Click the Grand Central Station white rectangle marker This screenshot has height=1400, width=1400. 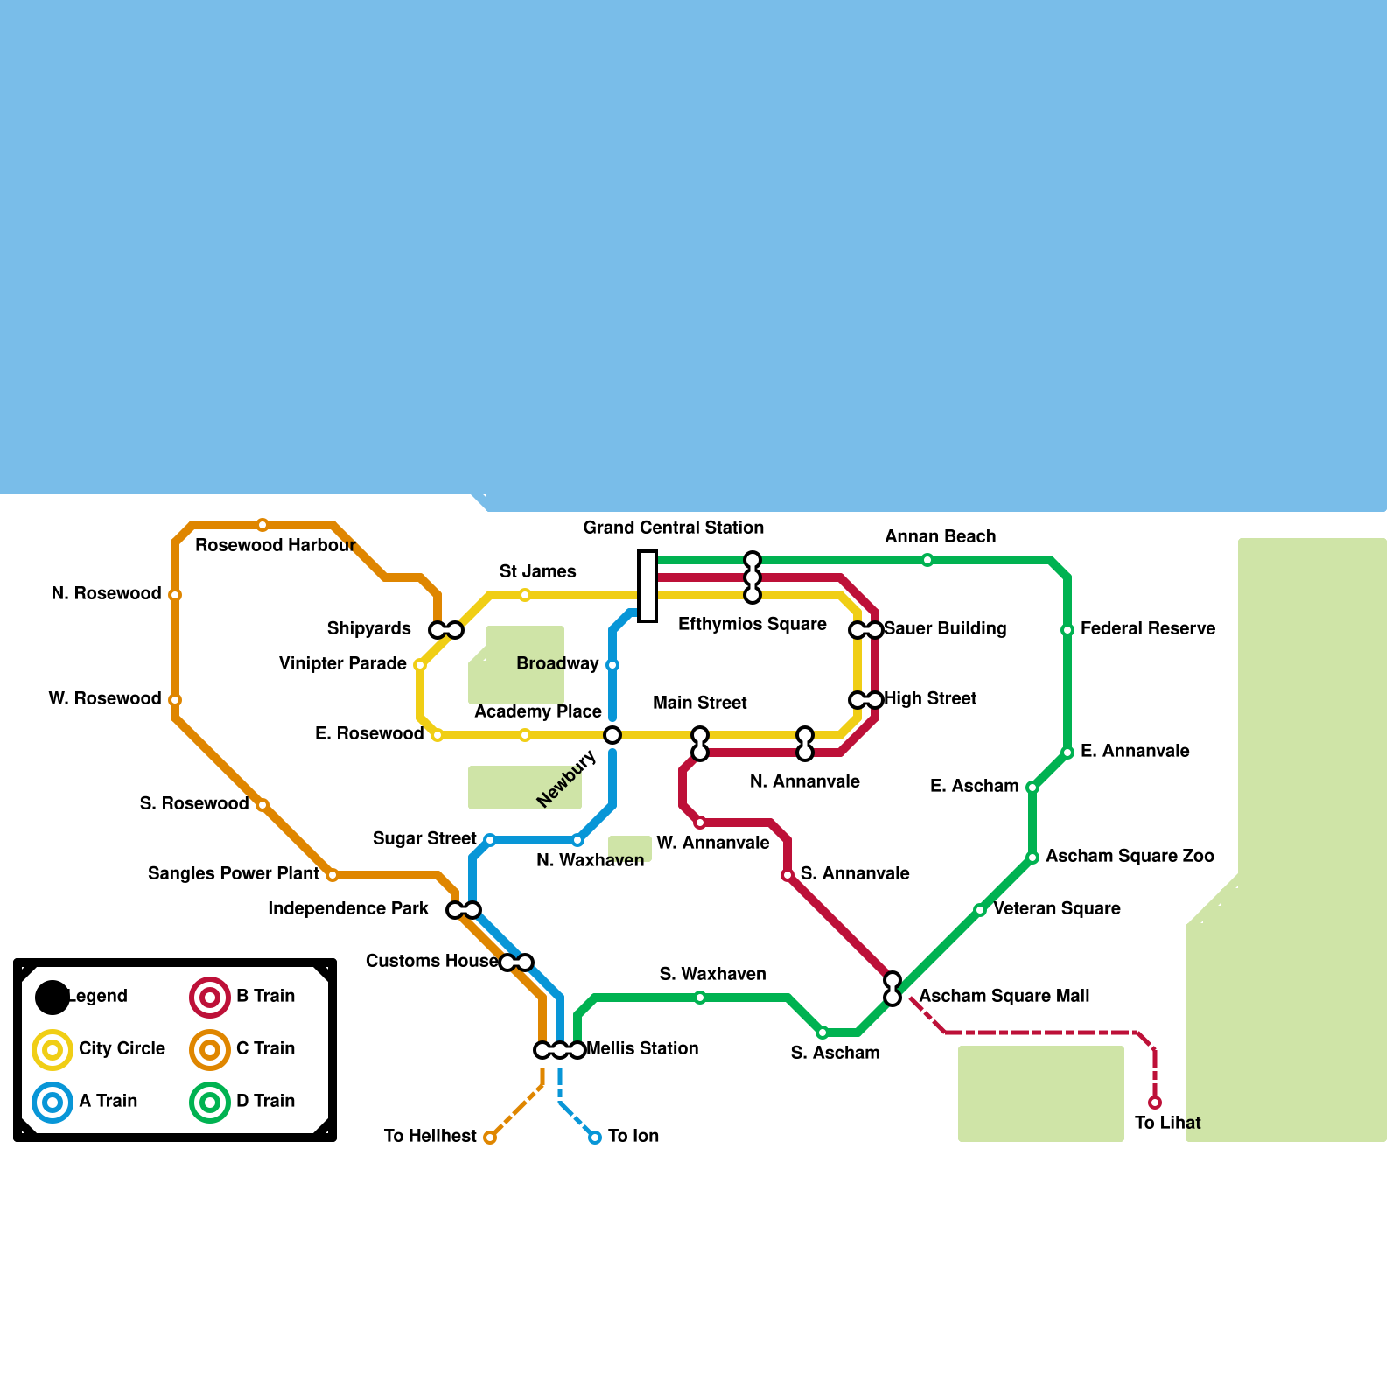tap(647, 586)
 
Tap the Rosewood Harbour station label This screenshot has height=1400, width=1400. tap(275, 545)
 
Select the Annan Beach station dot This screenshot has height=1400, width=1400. tap(927, 560)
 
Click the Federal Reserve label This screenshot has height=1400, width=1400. tap(1147, 628)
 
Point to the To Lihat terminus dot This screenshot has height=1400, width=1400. tap(1155, 1102)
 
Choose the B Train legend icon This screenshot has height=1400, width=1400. tap(210, 997)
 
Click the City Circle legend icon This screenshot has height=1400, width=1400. tap(52, 1049)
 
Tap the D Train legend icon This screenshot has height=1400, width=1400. tap(210, 1102)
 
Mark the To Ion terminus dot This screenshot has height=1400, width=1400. tap(595, 1137)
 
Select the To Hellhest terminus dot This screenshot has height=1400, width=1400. tap(490, 1137)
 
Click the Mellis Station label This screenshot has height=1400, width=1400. tap(642, 1048)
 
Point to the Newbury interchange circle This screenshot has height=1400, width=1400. tap(612, 735)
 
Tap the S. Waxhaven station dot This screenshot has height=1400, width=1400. tap(700, 997)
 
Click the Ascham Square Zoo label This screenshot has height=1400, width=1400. tap(1130, 856)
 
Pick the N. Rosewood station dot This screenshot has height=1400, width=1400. tap(175, 595)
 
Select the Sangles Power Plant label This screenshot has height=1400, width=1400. tap(234, 873)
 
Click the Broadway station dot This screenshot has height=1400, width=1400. tap(612, 665)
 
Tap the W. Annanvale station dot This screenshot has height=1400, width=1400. tap(700, 822)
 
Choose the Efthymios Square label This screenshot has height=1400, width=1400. tap(752, 624)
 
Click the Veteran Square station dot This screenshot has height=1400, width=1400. tap(980, 910)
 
